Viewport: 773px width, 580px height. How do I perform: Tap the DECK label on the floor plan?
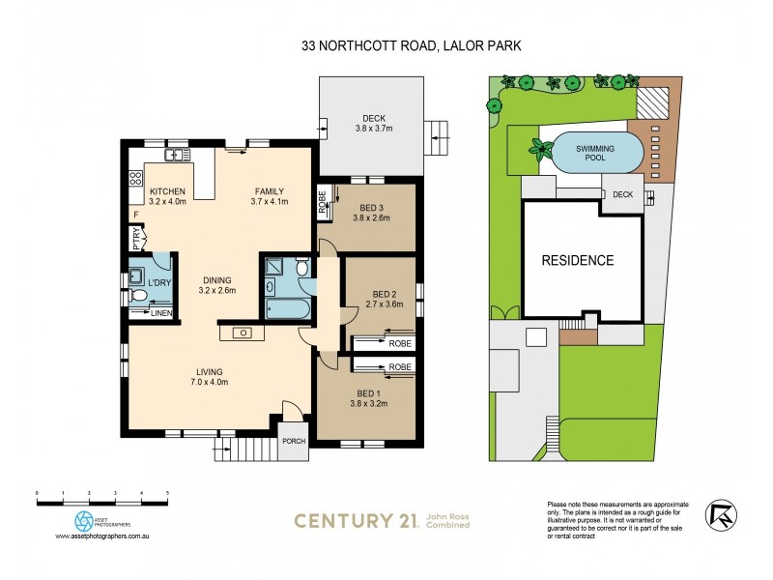click(x=367, y=117)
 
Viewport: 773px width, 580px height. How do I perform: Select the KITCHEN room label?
click(x=165, y=189)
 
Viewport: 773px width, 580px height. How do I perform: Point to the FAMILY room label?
click(x=271, y=189)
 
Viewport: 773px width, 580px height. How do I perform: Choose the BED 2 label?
click(x=386, y=294)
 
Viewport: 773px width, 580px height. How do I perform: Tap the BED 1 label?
click(x=368, y=393)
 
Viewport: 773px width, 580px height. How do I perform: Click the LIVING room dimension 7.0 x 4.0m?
click(x=209, y=384)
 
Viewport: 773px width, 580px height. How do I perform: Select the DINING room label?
click(x=217, y=280)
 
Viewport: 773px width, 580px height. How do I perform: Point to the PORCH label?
click(x=293, y=442)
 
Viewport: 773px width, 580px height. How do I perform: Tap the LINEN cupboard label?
click(x=160, y=313)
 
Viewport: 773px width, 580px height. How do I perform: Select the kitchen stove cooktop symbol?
click(x=136, y=177)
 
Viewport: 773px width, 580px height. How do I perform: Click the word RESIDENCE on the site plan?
click(x=577, y=260)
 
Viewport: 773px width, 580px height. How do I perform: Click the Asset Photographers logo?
click(x=85, y=521)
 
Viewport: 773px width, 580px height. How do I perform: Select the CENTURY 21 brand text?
click(x=355, y=521)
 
